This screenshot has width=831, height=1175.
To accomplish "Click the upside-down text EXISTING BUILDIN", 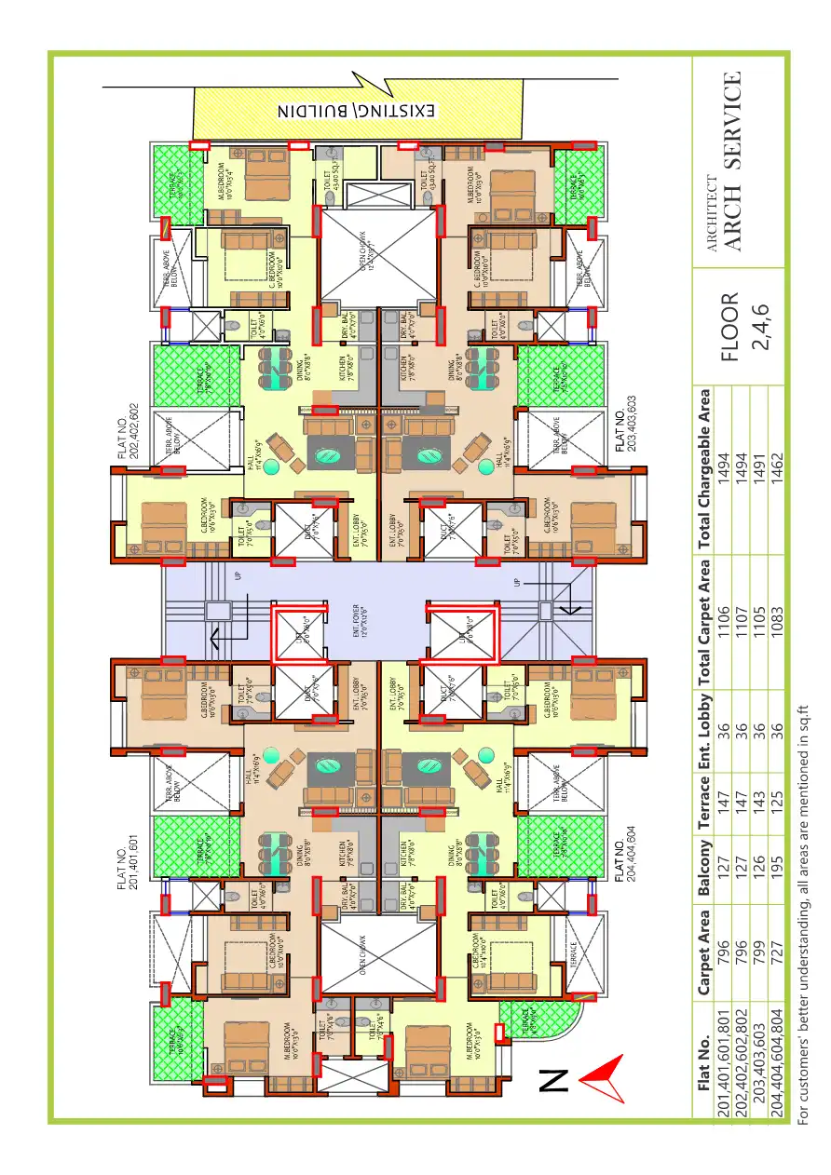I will (357, 112).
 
